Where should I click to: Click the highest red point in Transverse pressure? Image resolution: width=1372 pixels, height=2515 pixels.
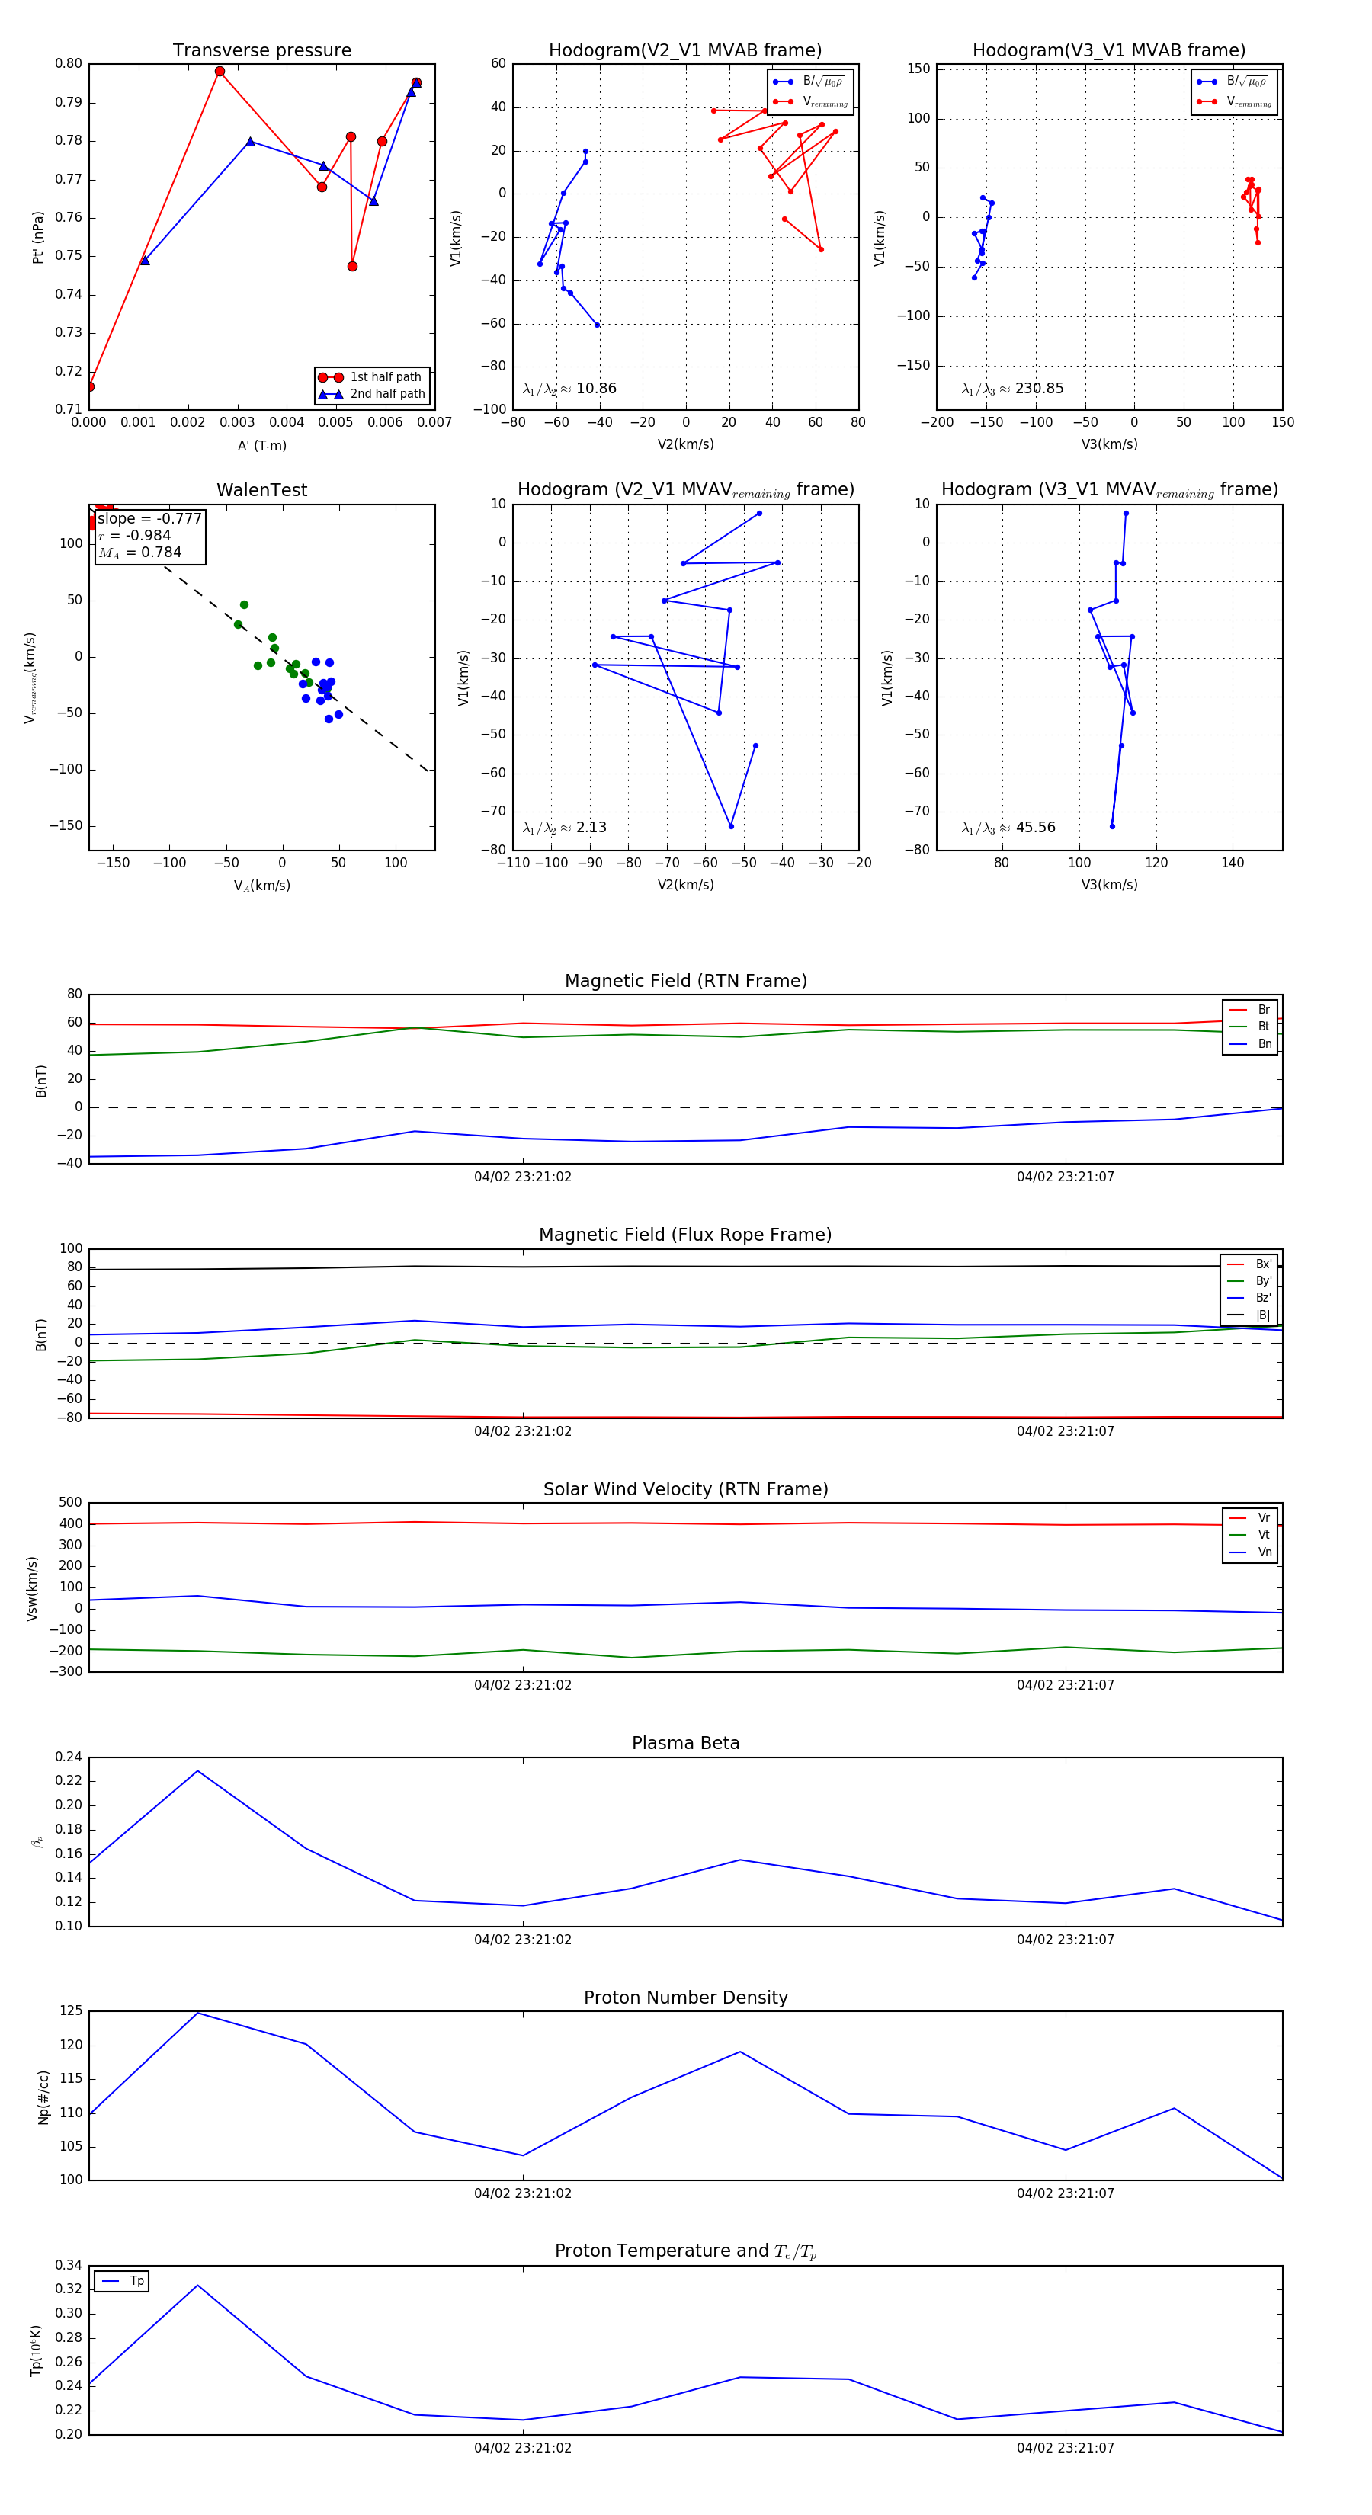[220, 72]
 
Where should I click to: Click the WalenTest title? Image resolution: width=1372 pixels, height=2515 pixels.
[261, 490]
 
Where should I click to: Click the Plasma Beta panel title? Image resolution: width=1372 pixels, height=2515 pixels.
[685, 1743]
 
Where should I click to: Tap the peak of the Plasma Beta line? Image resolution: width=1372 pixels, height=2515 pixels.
[198, 1771]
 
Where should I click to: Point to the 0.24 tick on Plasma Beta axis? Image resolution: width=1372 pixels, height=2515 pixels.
[69, 1757]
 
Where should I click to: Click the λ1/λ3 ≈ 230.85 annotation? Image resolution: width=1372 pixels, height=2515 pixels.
[1013, 389]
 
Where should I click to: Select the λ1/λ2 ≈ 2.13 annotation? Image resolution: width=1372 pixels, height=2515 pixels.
[564, 828]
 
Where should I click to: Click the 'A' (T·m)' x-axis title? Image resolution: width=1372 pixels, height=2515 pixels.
[261, 445]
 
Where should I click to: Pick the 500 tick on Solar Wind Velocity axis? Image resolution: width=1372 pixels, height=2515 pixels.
[70, 1503]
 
